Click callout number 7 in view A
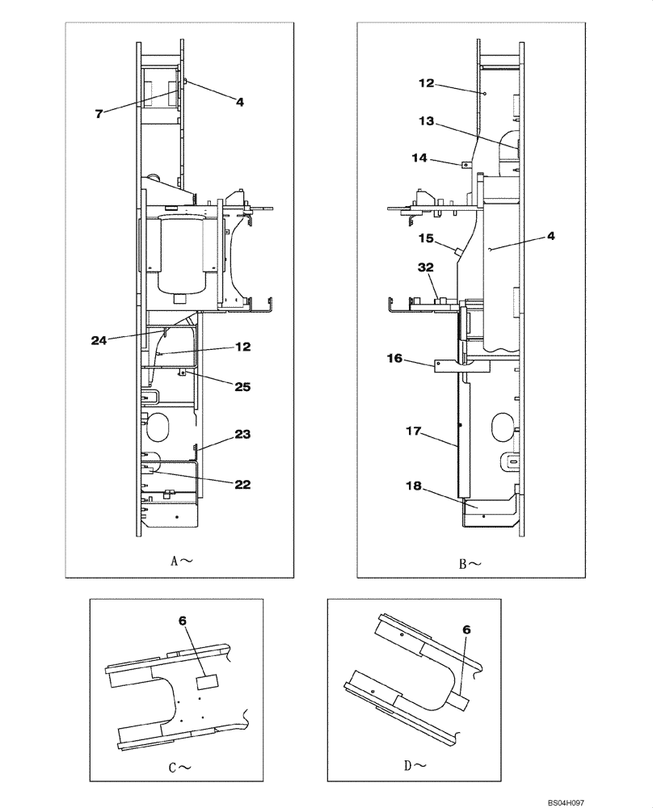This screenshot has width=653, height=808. (99, 114)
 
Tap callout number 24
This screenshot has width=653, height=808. (99, 340)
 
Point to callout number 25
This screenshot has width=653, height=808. (241, 387)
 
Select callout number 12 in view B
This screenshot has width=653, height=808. (426, 82)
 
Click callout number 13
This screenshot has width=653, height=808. (426, 121)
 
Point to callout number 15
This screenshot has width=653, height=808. (426, 239)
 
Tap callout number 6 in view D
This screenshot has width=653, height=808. (467, 628)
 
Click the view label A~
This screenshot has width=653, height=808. (179, 559)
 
